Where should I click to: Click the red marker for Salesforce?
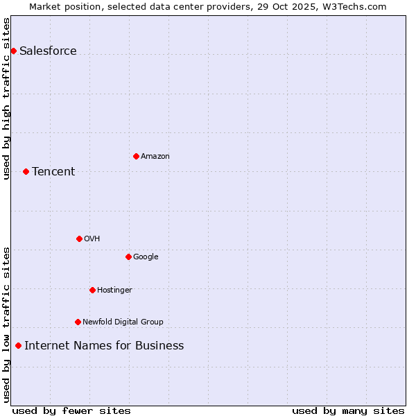[13, 51]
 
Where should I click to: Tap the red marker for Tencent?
[26, 171]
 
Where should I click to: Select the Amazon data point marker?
[136, 156]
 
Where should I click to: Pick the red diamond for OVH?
[79, 239]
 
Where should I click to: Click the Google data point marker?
[128, 257]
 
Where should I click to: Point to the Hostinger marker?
[92, 290]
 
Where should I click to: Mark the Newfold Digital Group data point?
[78, 322]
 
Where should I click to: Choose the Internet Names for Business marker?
[18, 345]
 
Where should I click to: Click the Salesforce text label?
[48, 51]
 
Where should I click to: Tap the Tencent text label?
[53, 171]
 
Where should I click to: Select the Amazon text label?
[155, 156]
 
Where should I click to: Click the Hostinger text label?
[114, 290]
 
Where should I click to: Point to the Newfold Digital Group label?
[123, 322]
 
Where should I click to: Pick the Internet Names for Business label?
[104, 345]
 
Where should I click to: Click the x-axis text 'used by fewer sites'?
[71, 410]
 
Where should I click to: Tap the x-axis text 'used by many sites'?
[348, 410]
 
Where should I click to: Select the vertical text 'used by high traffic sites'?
[6, 98]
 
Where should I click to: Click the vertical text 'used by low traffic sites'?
[6, 324]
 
